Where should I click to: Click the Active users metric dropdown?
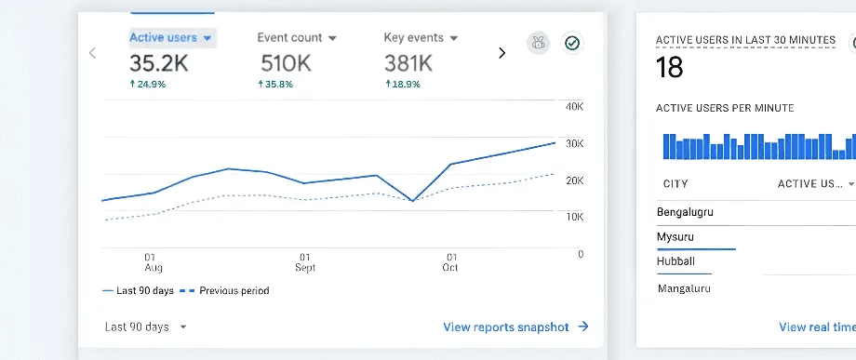172,38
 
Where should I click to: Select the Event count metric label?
289,38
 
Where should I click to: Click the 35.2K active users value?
159,63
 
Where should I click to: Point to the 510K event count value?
285,63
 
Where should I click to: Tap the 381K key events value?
408,63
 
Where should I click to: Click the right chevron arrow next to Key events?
502,53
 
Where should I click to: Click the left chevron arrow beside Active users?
92,53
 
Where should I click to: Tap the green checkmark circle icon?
571,43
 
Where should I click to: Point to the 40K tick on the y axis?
574,106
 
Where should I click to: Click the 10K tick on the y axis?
574,217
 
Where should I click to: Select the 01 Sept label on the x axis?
304,261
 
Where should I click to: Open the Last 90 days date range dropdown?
146,327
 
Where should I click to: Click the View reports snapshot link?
515,327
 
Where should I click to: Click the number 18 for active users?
669,68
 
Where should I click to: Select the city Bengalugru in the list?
685,212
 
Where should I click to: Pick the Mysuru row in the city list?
675,237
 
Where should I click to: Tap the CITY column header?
675,184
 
